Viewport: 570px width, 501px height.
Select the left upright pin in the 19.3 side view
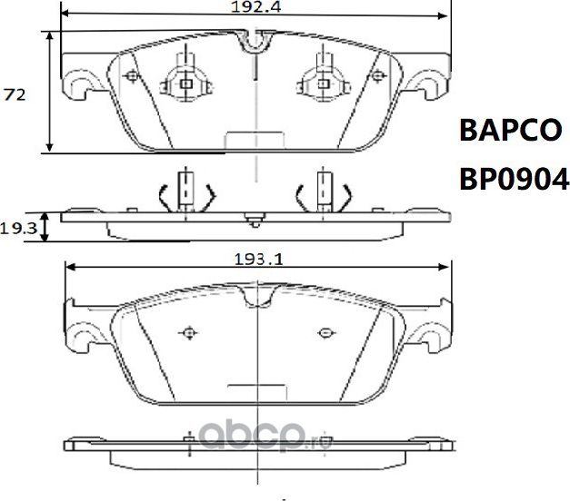(185, 189)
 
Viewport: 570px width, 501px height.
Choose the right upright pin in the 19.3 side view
(321, 189)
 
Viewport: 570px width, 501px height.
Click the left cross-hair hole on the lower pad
(189, 330)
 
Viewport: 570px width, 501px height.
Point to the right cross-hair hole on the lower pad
(324, 330)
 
